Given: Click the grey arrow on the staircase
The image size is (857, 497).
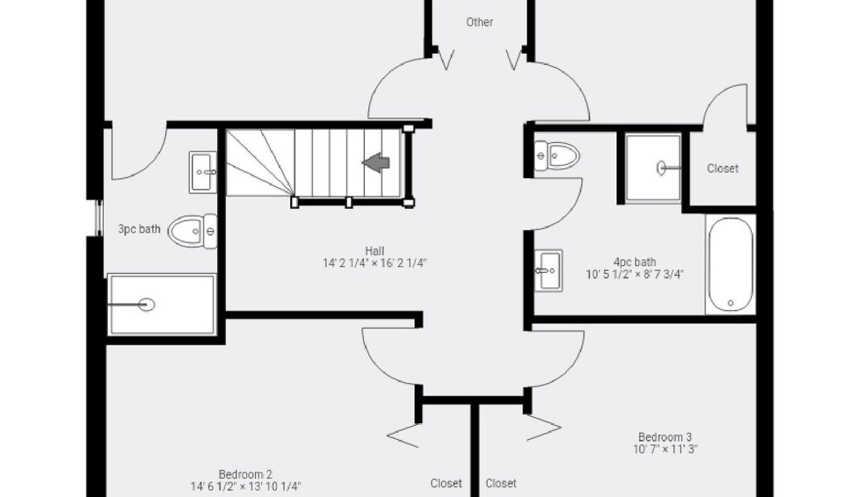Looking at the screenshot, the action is click(376, 163).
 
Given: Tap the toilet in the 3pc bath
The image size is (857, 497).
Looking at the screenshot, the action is click(192, 231).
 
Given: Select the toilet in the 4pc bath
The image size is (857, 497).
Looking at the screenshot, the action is click(556, 155).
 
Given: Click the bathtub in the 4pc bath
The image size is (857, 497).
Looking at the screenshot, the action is click(731, 264).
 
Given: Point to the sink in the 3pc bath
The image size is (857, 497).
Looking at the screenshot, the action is click(203, 172).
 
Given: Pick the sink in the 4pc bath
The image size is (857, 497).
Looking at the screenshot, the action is click(548, 271).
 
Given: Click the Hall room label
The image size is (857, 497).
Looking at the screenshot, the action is click(375, 251).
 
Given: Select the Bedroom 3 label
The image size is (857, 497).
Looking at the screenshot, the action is click(665, 437).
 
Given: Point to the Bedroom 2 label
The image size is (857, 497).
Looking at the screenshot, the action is click(245, 474).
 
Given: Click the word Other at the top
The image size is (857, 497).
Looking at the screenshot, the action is click(480, 22).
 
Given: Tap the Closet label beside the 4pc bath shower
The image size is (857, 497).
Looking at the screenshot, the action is click(722, 168).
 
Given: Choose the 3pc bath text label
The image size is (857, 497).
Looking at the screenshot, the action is click(140, 228).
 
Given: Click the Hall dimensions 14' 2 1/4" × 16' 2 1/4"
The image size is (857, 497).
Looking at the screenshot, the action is click(375, 263).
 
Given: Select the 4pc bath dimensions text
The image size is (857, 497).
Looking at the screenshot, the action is click(634, 274).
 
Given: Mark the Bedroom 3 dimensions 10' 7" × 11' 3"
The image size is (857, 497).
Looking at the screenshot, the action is click(666, 449).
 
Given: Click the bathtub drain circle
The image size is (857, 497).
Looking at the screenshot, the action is click(731, 303).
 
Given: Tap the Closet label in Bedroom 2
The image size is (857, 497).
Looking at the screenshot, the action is click(446, 483).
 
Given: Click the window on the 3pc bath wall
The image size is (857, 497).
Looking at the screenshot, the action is click(99, 218).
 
